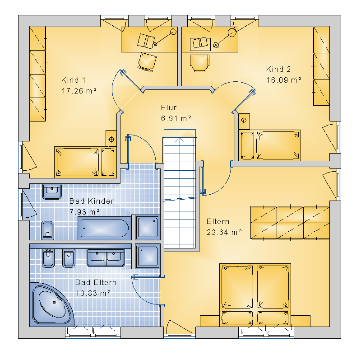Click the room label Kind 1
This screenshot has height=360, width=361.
pos(73,80)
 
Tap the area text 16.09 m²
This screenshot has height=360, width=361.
pos(284,80)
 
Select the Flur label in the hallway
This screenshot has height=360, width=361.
pos(169,108)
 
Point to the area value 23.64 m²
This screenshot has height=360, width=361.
pos(224,232)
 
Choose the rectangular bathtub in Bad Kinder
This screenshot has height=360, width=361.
pos(105,228)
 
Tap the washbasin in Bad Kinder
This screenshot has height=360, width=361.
pos(52,191)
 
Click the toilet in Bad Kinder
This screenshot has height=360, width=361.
pos(47,230)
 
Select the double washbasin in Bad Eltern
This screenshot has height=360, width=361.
pos(106,257)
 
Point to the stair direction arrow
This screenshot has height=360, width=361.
pos(180,140)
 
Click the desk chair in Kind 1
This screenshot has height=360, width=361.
pos(147,62)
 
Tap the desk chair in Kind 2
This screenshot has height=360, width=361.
pos(199,63)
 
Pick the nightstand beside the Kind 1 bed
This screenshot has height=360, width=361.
pos(111,138)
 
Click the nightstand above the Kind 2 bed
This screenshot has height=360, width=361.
pos(244,121)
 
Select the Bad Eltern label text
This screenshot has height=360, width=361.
pos(96,282)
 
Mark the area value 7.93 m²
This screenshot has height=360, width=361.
pos(84,211)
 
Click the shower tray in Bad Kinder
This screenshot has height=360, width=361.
pos(148,228)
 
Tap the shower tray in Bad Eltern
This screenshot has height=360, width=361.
pos(148,256)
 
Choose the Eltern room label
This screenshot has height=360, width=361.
pos(218,221)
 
